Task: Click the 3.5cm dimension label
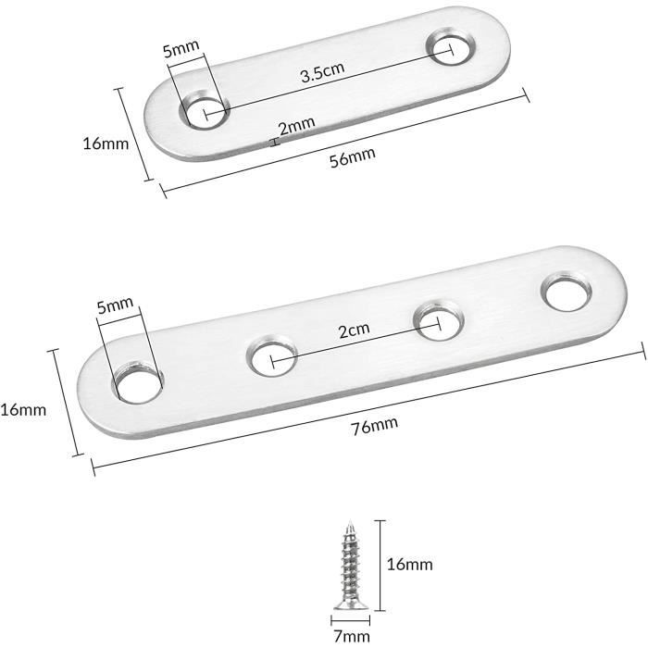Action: pyautogui.click(x=322, y=72)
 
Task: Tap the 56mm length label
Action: pyautogui.click(x=353, y=157)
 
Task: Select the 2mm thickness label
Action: pyautogui.click(x=297, y=126)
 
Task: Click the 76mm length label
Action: pyautogui.click(x=375, y=426)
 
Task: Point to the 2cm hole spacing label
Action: pyautogui.click(x=355, y=330)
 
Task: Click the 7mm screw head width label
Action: pyautogui.click(x=352, y=636)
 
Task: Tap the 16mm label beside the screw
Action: pyautogui.click(x=409, y=564)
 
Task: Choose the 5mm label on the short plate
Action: pyautogui.click(x=181, y=48)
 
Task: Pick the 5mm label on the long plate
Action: pyautogui.click(x=115, y=305)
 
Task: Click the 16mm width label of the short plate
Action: pyautogui.click(x=106, y=143)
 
